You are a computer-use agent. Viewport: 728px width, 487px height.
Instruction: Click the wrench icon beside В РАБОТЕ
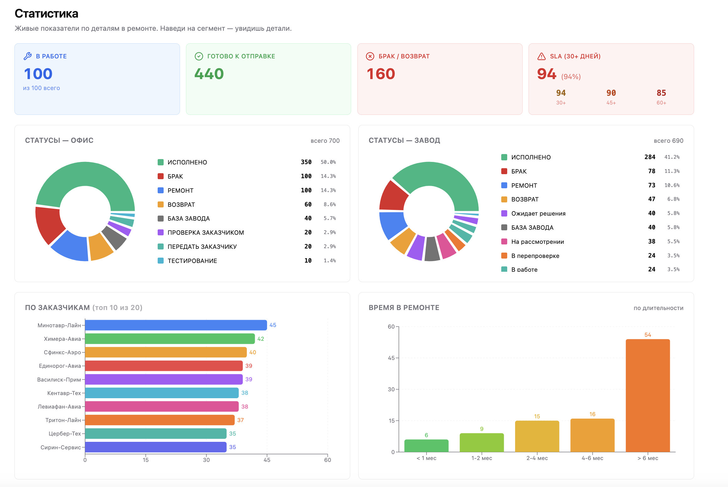coord(28,56)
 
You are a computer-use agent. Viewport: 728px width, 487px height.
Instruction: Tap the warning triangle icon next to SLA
coord(541,56)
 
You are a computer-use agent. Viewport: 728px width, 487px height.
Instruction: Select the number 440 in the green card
coord(209,74)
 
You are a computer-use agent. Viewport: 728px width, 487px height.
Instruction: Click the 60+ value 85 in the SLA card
coord(661,93)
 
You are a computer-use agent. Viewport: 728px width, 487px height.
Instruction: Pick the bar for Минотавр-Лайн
coord(176,325)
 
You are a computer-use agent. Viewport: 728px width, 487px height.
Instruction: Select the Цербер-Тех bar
coord(156,434)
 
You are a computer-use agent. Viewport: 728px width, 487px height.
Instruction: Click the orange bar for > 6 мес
coord(648,395)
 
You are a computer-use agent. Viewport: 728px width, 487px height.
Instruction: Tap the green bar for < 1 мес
coord(426,446)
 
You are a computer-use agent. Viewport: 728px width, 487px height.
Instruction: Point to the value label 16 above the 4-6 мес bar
coord(592,414)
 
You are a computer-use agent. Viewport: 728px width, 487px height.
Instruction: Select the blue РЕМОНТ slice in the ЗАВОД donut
coord(392,225)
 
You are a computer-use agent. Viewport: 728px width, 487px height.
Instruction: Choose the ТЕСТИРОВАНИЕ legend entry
coord(192,261)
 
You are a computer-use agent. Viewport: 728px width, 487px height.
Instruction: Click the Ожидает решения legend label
coord(538,214)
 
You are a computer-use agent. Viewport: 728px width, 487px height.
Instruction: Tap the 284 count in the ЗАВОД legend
coord(650,157)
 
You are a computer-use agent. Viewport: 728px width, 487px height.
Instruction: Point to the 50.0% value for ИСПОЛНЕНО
coord(328,162)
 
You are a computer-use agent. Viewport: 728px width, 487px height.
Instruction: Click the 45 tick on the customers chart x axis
coord(267,460)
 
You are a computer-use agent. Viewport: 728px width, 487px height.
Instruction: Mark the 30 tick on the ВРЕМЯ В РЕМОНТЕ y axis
coord(391,389)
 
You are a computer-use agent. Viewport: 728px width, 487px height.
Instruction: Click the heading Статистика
coord(46,13)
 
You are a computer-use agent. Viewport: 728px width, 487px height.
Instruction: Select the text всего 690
coord(668,141)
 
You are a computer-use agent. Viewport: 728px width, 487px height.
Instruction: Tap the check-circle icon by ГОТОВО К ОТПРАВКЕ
coord(199,56)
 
